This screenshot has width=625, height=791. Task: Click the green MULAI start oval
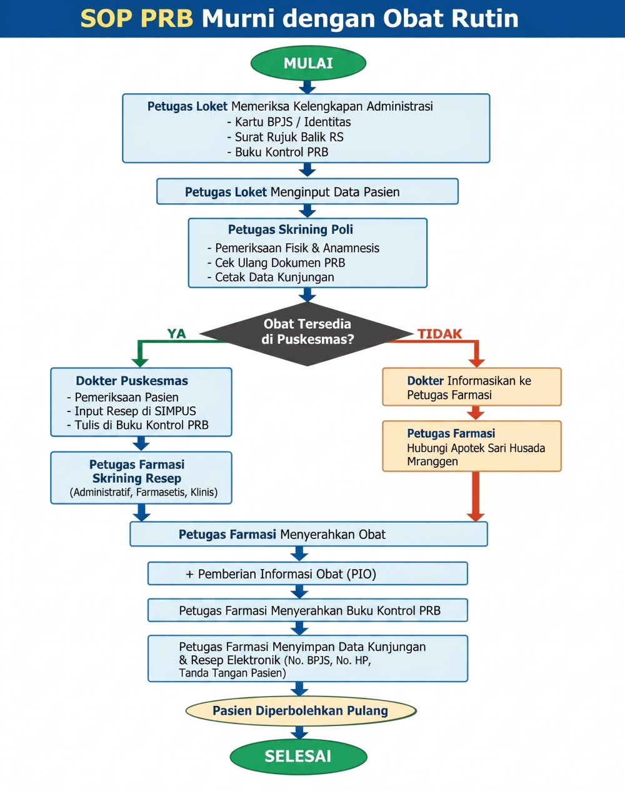[308, 63]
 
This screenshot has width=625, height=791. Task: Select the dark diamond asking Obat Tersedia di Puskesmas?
[307, 334]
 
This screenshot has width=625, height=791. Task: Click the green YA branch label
[176, 333]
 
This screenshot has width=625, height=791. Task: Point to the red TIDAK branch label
[439, 334]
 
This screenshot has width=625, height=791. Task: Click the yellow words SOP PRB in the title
[137, 18]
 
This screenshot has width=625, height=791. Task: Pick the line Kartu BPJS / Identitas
[289, 122]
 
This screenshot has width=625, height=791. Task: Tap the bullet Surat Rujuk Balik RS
[285, 137]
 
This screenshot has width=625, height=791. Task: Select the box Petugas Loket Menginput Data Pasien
[307, 191]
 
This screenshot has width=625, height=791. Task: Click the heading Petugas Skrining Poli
[290, 229]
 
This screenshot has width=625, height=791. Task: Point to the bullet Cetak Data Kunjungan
[271, 277]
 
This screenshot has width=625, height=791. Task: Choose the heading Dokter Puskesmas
[132, 381]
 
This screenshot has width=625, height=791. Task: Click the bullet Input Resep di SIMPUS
[131, 411]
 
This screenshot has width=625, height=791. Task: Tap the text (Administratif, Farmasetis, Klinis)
[144, 492]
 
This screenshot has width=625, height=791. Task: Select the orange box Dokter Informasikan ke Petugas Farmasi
[472, 386]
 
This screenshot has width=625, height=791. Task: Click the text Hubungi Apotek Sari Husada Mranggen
[476, 455]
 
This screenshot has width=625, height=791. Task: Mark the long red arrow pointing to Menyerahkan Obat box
[476, 496]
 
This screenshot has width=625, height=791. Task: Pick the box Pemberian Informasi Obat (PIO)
[307, 573]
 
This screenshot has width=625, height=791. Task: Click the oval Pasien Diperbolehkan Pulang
[301, 710]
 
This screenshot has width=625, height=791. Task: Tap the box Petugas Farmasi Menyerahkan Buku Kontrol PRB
[307, 610]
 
